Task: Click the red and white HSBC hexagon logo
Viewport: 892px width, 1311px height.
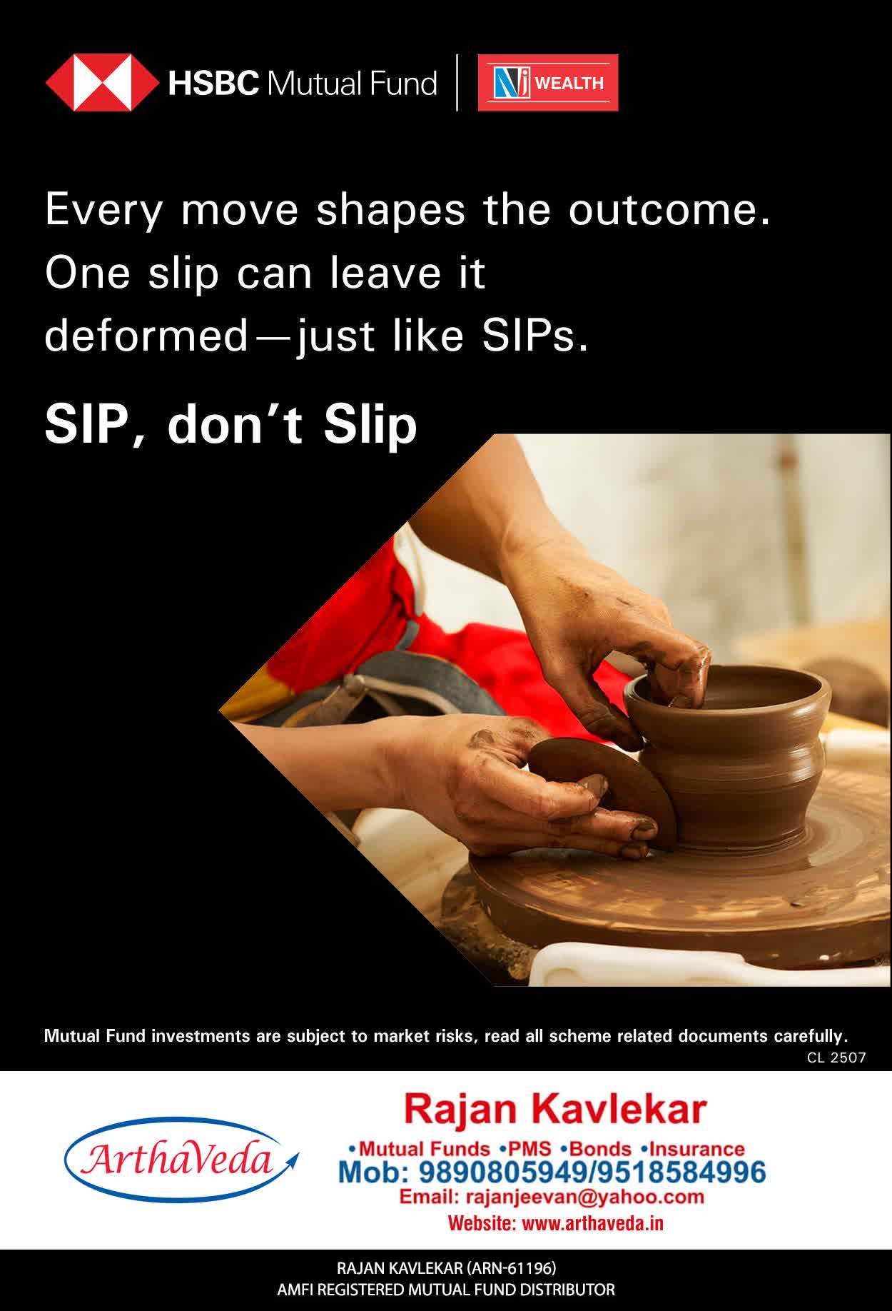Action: tap(102, 83)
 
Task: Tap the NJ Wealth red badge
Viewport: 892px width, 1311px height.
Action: tap(548, 83)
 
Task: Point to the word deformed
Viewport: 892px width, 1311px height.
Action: tap(146, 336)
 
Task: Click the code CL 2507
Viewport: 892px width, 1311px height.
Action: tap(836, 1058)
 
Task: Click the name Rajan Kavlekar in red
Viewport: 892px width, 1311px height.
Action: tap(555, 1110)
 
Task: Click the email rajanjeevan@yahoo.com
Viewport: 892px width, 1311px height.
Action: tap(584, 1197)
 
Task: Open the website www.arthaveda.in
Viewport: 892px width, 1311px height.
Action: tap(593, 1223)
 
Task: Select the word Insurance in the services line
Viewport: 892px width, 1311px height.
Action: tap(696, 1149)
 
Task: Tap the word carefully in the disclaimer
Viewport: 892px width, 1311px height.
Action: tap(810, 1036)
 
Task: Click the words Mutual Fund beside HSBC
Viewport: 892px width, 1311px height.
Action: tap(352, 84)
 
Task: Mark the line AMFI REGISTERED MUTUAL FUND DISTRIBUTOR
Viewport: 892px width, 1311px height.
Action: tap(446, 1290)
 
